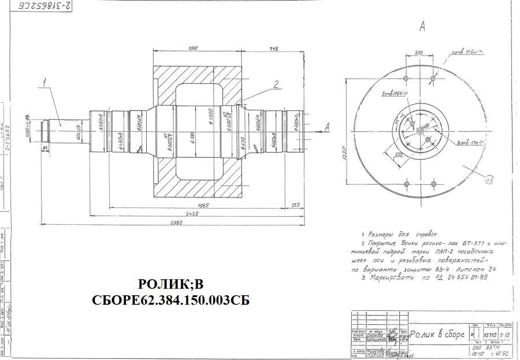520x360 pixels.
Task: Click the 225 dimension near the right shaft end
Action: coord(295,204)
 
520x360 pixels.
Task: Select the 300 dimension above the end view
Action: coord(418,52)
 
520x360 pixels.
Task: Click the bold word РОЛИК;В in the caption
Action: coord(172,285)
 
